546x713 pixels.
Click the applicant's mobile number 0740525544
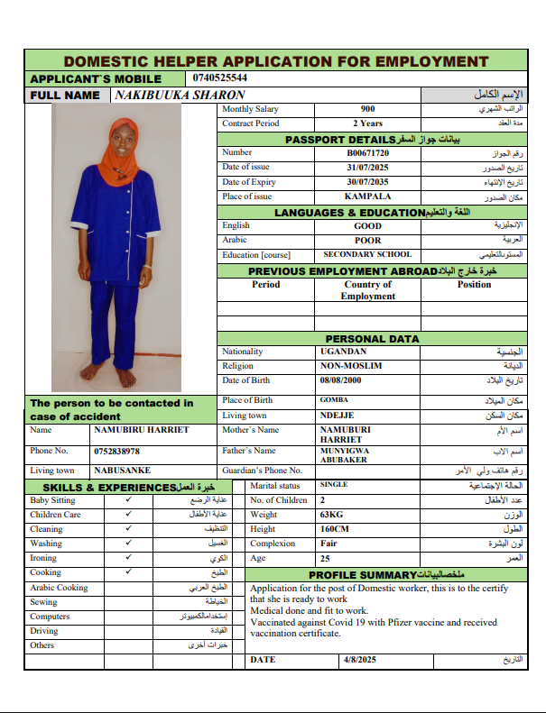click(x=220, y=78)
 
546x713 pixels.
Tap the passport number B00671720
click(x=367, y=153)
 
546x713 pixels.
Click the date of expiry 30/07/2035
click(x=367, y=182)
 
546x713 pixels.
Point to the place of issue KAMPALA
click(x=367, y=197)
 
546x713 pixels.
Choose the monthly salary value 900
click(x=367, y=109)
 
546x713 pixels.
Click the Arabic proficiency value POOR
click(x=367, y=241)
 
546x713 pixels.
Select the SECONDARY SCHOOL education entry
click(x=367, y=255)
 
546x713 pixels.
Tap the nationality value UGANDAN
click(x=344, y=352)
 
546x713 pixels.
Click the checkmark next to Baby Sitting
click(x=128, y=499)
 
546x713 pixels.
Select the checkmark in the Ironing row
click(x=128, y=558)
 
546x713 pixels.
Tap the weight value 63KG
click(x=332, y=515)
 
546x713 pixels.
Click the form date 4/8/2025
click(x=358, y=660)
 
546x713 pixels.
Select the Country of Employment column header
click(x=367, y=290)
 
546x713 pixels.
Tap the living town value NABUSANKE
click(x=123, y=471)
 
